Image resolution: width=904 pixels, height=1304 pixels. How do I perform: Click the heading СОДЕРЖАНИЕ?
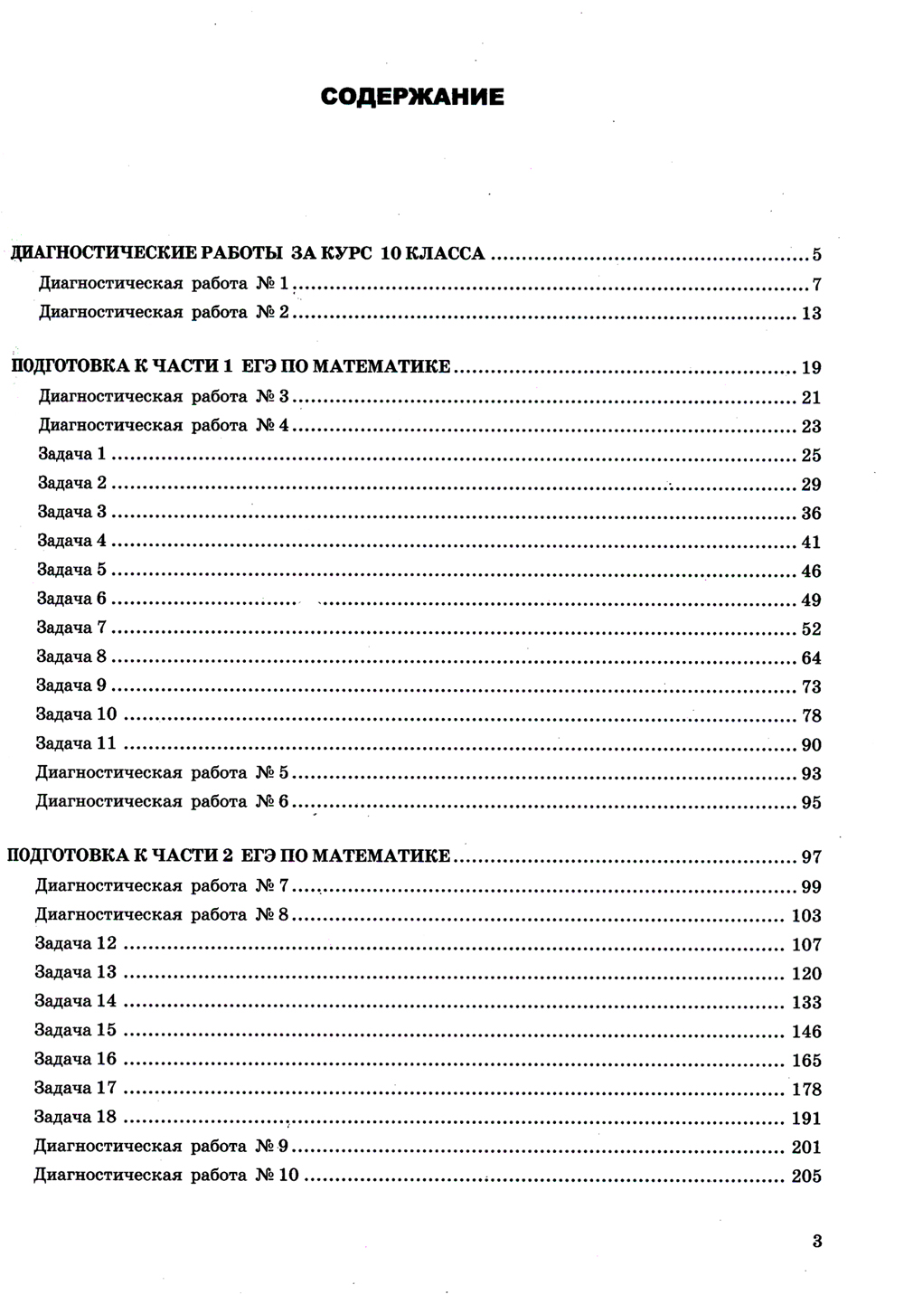pos(412,97)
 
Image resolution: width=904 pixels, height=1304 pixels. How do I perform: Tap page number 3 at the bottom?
pos(817,1241)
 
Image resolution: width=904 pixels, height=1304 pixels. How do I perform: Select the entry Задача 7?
pos(71,628)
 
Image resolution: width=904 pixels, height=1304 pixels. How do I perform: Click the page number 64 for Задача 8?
pos(811,658)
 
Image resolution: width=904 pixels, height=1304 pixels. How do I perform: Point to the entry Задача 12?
pos(76,943)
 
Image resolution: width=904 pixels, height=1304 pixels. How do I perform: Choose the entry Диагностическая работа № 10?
pos(165,1176)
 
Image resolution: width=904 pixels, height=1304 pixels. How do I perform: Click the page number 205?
pos(806,1176)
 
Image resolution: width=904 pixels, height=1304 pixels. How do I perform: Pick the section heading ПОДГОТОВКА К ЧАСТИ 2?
pos(229,855)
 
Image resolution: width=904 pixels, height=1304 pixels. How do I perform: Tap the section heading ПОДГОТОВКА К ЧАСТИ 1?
pos(231,366)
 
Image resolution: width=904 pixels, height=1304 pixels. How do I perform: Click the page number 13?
pos(811,314)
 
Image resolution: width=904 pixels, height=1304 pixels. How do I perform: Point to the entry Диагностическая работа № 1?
pos(164,283)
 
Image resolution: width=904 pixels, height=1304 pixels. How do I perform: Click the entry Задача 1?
pos(71,454)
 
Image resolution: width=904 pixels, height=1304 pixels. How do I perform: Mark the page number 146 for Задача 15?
pos(806,1032)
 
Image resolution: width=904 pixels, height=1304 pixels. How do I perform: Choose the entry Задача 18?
pos(76,1117)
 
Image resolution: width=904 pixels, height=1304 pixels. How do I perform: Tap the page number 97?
pos(811,857)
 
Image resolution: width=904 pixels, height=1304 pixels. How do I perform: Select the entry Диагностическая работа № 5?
pos(162,772)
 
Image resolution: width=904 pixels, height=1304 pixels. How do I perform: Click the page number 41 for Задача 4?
pos(811,543)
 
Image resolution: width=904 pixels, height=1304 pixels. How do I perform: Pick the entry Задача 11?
pos(76,743)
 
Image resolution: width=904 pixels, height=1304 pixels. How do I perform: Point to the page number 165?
pos(806,1061)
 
